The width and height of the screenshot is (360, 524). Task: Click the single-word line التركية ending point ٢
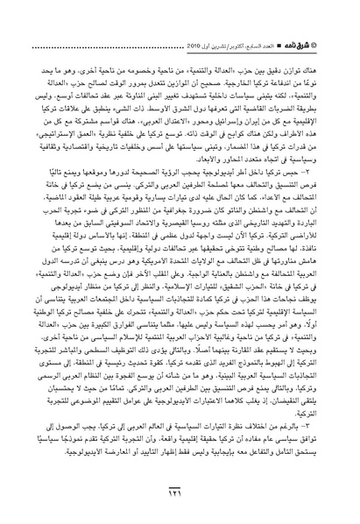pyautogui.click(x=312, y=418)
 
